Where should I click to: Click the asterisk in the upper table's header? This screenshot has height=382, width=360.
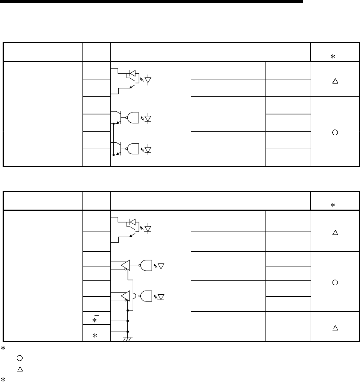pos(333,56)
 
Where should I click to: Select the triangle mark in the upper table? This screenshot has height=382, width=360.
pos(335,81)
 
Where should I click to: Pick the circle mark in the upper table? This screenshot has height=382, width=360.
pos(335,132)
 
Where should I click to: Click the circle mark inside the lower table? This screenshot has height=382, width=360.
pos(335,282)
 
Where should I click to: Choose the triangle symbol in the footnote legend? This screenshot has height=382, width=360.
pos(20,370)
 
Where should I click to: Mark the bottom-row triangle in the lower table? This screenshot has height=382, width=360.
pos(335,328)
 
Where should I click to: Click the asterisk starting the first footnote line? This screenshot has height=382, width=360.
pos(3,346)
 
